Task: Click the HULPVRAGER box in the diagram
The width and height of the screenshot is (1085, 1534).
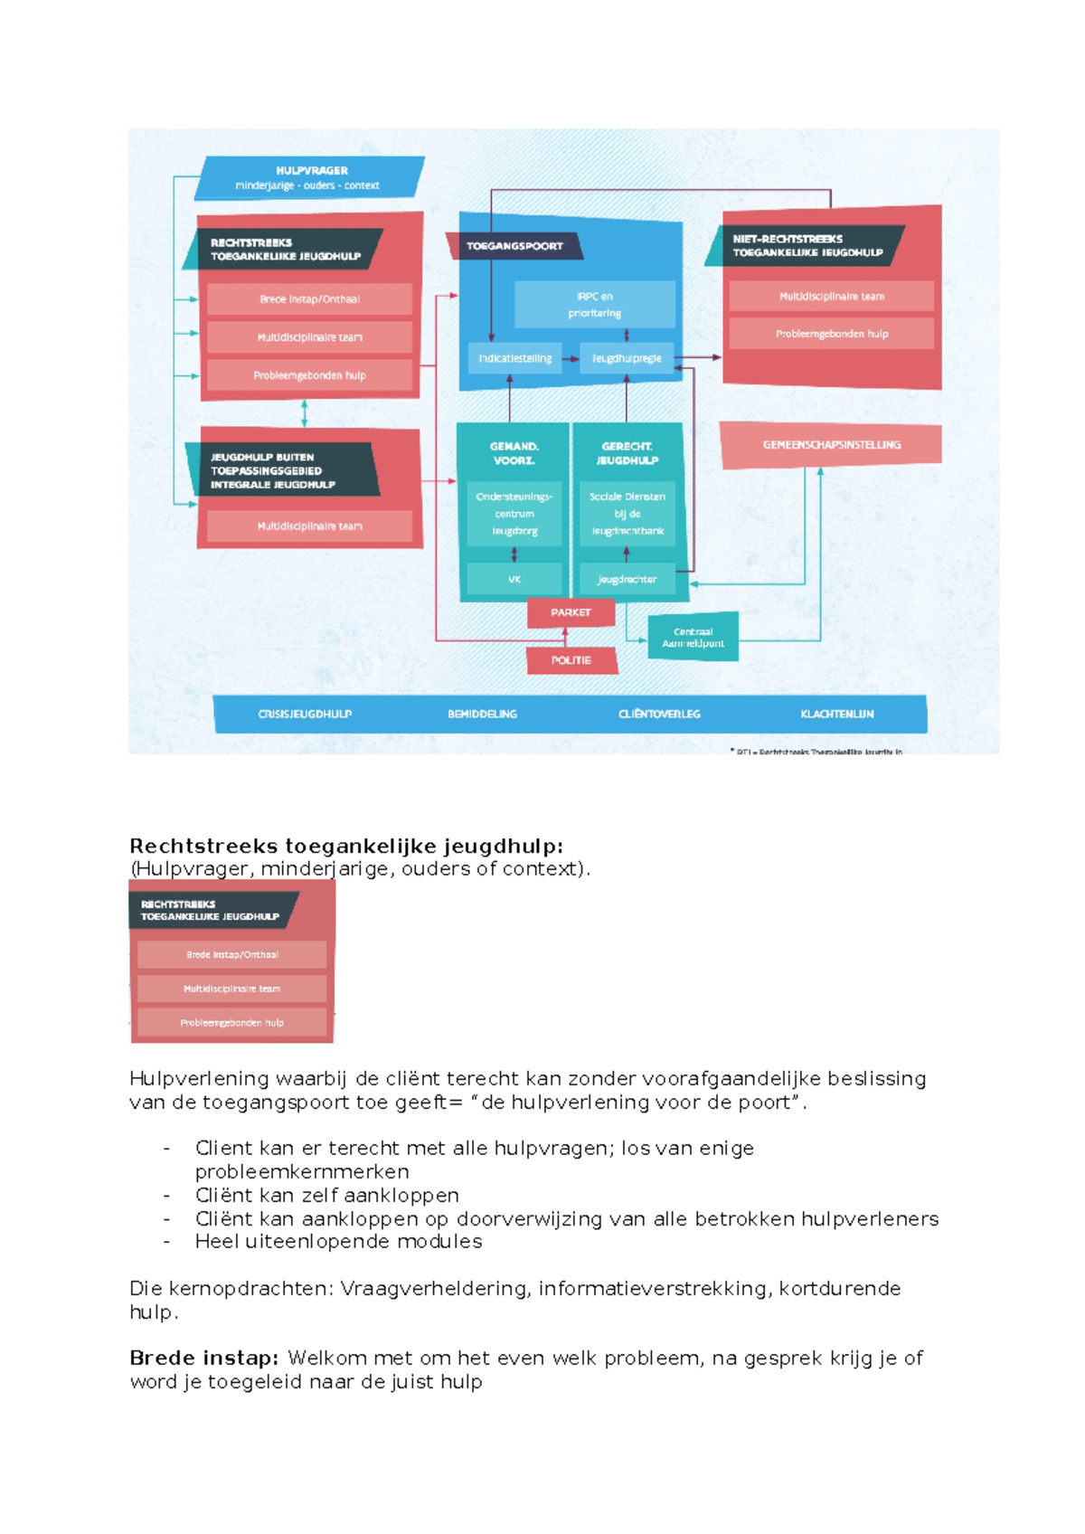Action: tap(310, 177)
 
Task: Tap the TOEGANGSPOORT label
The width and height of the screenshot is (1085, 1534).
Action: tap(514, 246)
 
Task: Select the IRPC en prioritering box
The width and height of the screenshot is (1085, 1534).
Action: tap(594, 304)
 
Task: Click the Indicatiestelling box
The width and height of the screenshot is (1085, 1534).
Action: tap(514, 358)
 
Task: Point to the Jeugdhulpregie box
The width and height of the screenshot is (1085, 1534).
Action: tap(627, 358)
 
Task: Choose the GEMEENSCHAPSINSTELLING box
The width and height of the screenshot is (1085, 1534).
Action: tap(831, 445)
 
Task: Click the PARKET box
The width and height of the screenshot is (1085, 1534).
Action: tap(571, 612)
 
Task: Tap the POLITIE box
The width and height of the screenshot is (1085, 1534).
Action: tap(571, 660)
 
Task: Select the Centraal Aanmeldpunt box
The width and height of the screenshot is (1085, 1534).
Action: tap(693, 638)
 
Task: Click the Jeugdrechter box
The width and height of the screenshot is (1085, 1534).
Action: tap(627, 579)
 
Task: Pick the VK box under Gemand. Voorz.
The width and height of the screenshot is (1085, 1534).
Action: tap(514, 579)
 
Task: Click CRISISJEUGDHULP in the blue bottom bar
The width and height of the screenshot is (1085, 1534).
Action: tap(305, 714)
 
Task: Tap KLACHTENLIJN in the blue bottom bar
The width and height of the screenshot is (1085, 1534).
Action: tap(836, 714)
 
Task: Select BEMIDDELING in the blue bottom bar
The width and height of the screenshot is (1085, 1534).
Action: tap(482, 714)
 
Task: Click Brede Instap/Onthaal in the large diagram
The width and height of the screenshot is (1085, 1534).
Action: tap(309, 299)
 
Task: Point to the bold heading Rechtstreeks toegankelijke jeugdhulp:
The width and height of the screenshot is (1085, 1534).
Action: tap(346, 847)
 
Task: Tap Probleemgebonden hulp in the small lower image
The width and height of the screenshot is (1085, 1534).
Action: tap(231, 1023)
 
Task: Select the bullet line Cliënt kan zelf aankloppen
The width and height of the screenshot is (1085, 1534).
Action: tap(326, 1195)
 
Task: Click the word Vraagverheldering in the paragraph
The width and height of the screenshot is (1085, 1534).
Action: tap(434, 1289)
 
